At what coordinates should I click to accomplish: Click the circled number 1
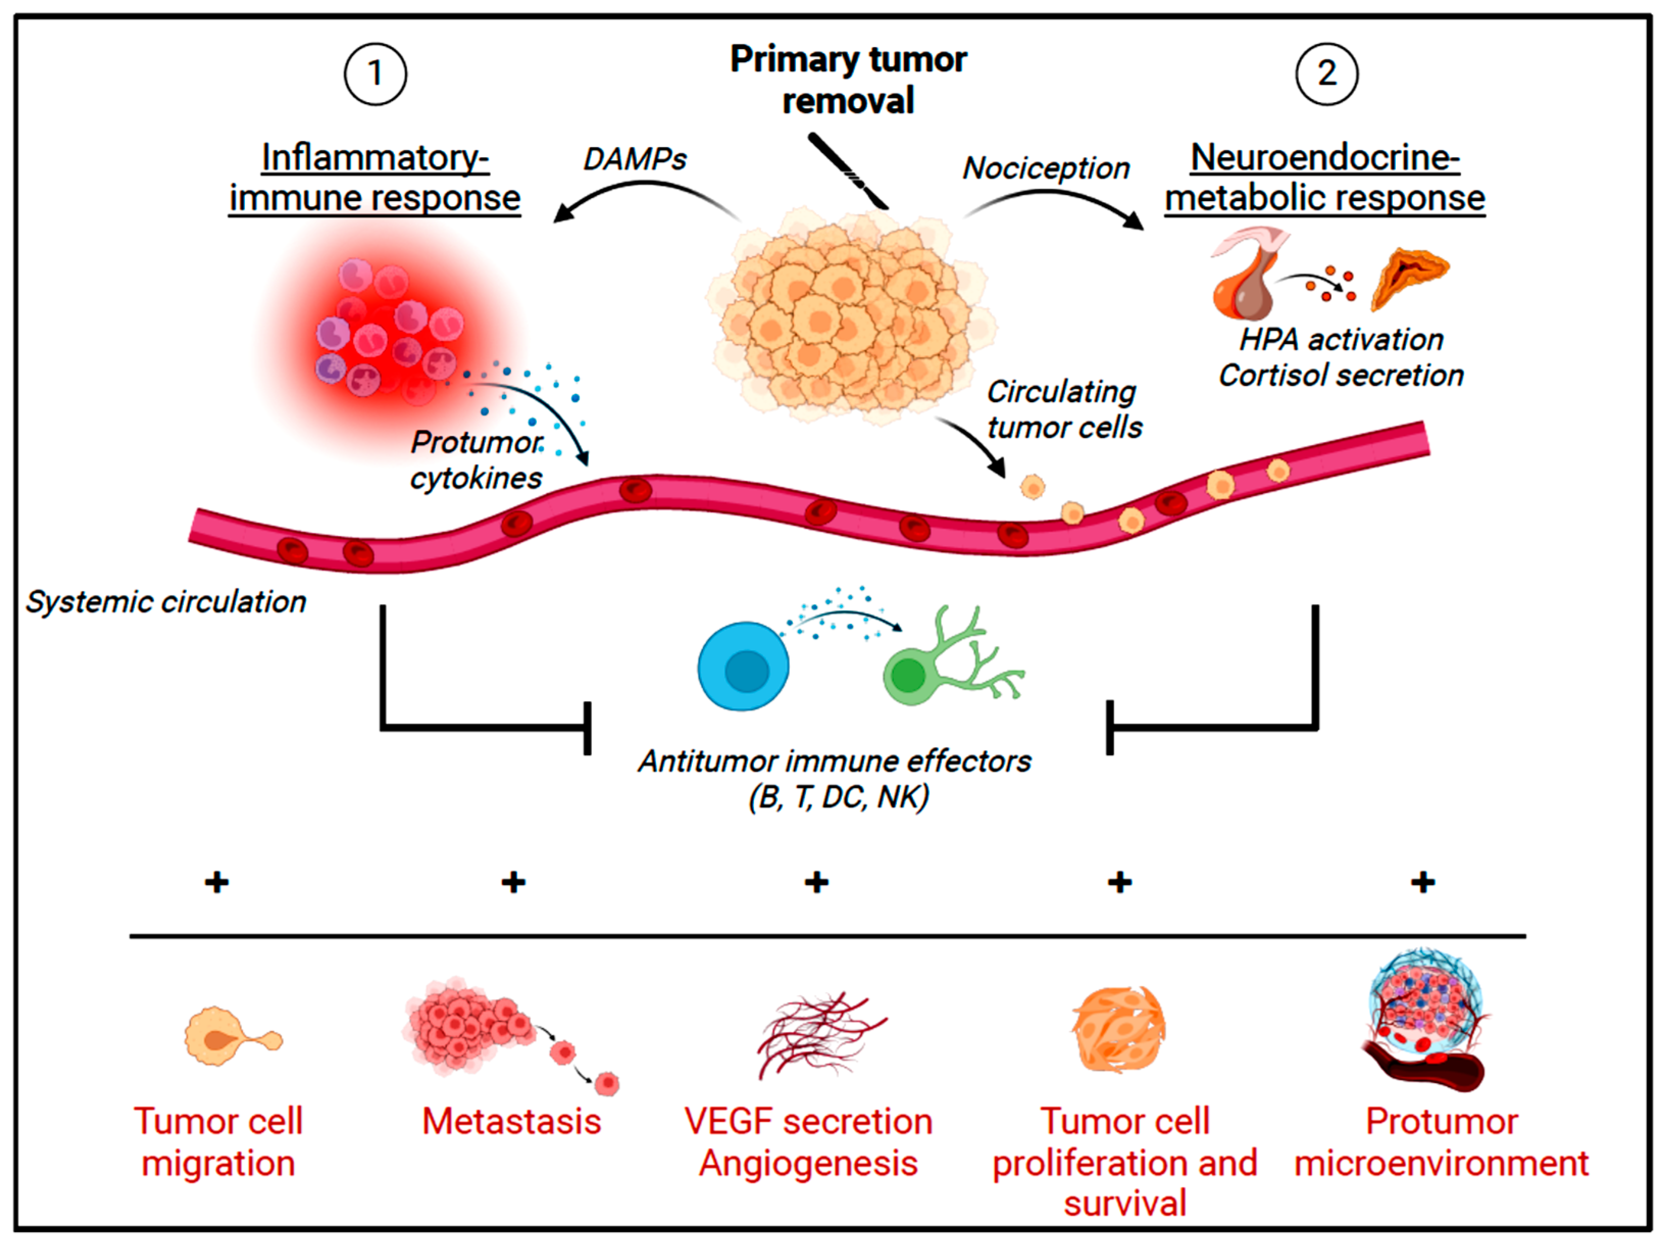click(x=375, y=74)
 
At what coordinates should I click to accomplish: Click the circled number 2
click(x=1326, y=74)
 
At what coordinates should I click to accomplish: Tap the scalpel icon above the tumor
click(x=848, y=171)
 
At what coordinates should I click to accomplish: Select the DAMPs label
click(x=635, y=159)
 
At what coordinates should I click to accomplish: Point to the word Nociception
click(x=1046, y=168)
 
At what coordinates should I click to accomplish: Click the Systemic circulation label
click(x=166, y=602)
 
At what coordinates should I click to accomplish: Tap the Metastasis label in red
click(x=512, y=1121)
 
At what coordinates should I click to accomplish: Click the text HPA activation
click(x=1341, y=339)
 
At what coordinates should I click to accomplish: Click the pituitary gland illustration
click(x=1249, y=274)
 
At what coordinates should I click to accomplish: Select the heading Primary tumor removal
click(x=848, y=79)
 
